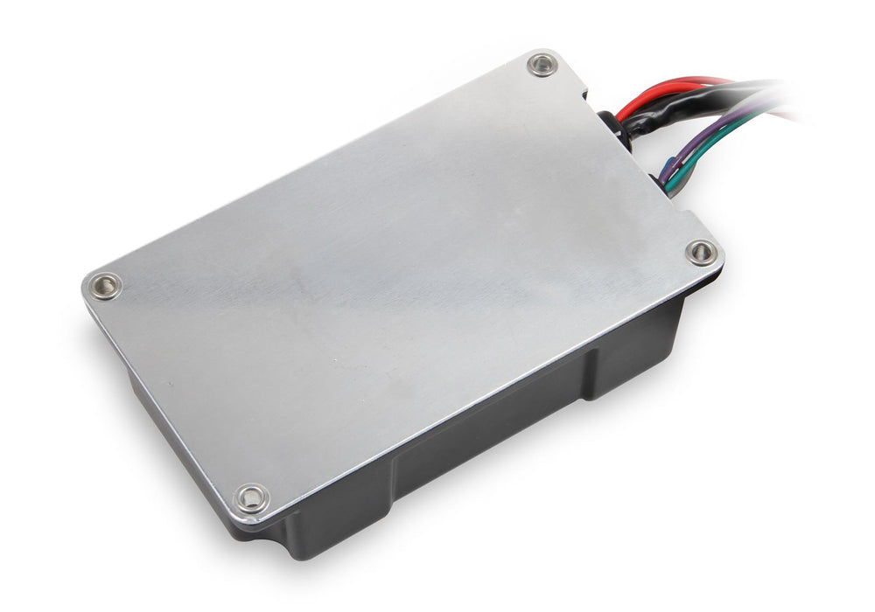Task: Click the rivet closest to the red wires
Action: pyautogui.click(x=542, y=64)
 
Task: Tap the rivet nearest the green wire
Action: pyautogui.click(x=701, y=253)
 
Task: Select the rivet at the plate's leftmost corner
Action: pyautogui.click(x=106, y=286)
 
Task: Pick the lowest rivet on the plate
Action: pyautogui.click(x=252, y=497)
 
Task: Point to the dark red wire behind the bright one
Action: pyautogui.click(x=700, y=80)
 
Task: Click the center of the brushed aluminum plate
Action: pyautogui.click(x=402, y=280)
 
